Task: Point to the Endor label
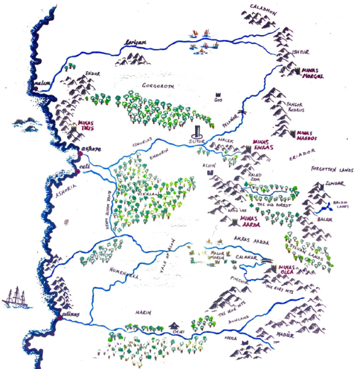[x=92, y=73]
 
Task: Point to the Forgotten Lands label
[x=333, y=168]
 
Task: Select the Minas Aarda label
[x=254, y=220]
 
